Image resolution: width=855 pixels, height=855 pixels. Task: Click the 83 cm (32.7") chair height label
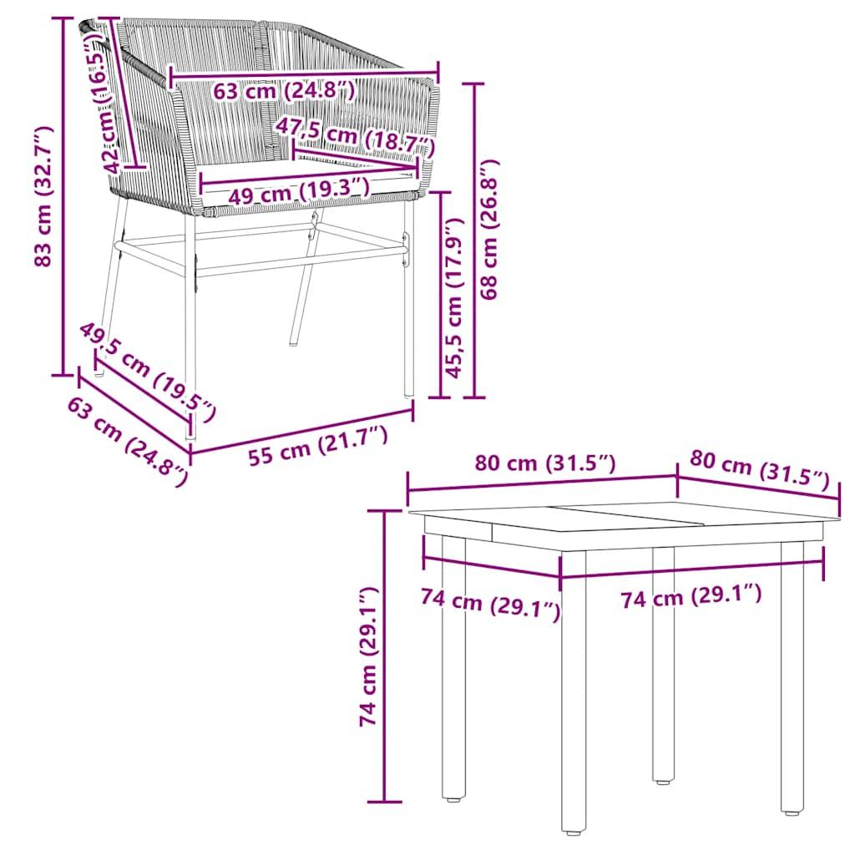[43, 197]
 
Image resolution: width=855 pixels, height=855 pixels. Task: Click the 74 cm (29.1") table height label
[368, 655]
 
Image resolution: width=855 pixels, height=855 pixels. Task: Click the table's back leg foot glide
[663, 782]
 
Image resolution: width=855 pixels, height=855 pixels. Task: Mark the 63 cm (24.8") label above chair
[284, 91]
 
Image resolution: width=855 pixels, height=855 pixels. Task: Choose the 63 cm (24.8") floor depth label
[126, 441]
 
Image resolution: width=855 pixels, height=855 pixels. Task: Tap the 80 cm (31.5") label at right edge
[759, 470]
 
